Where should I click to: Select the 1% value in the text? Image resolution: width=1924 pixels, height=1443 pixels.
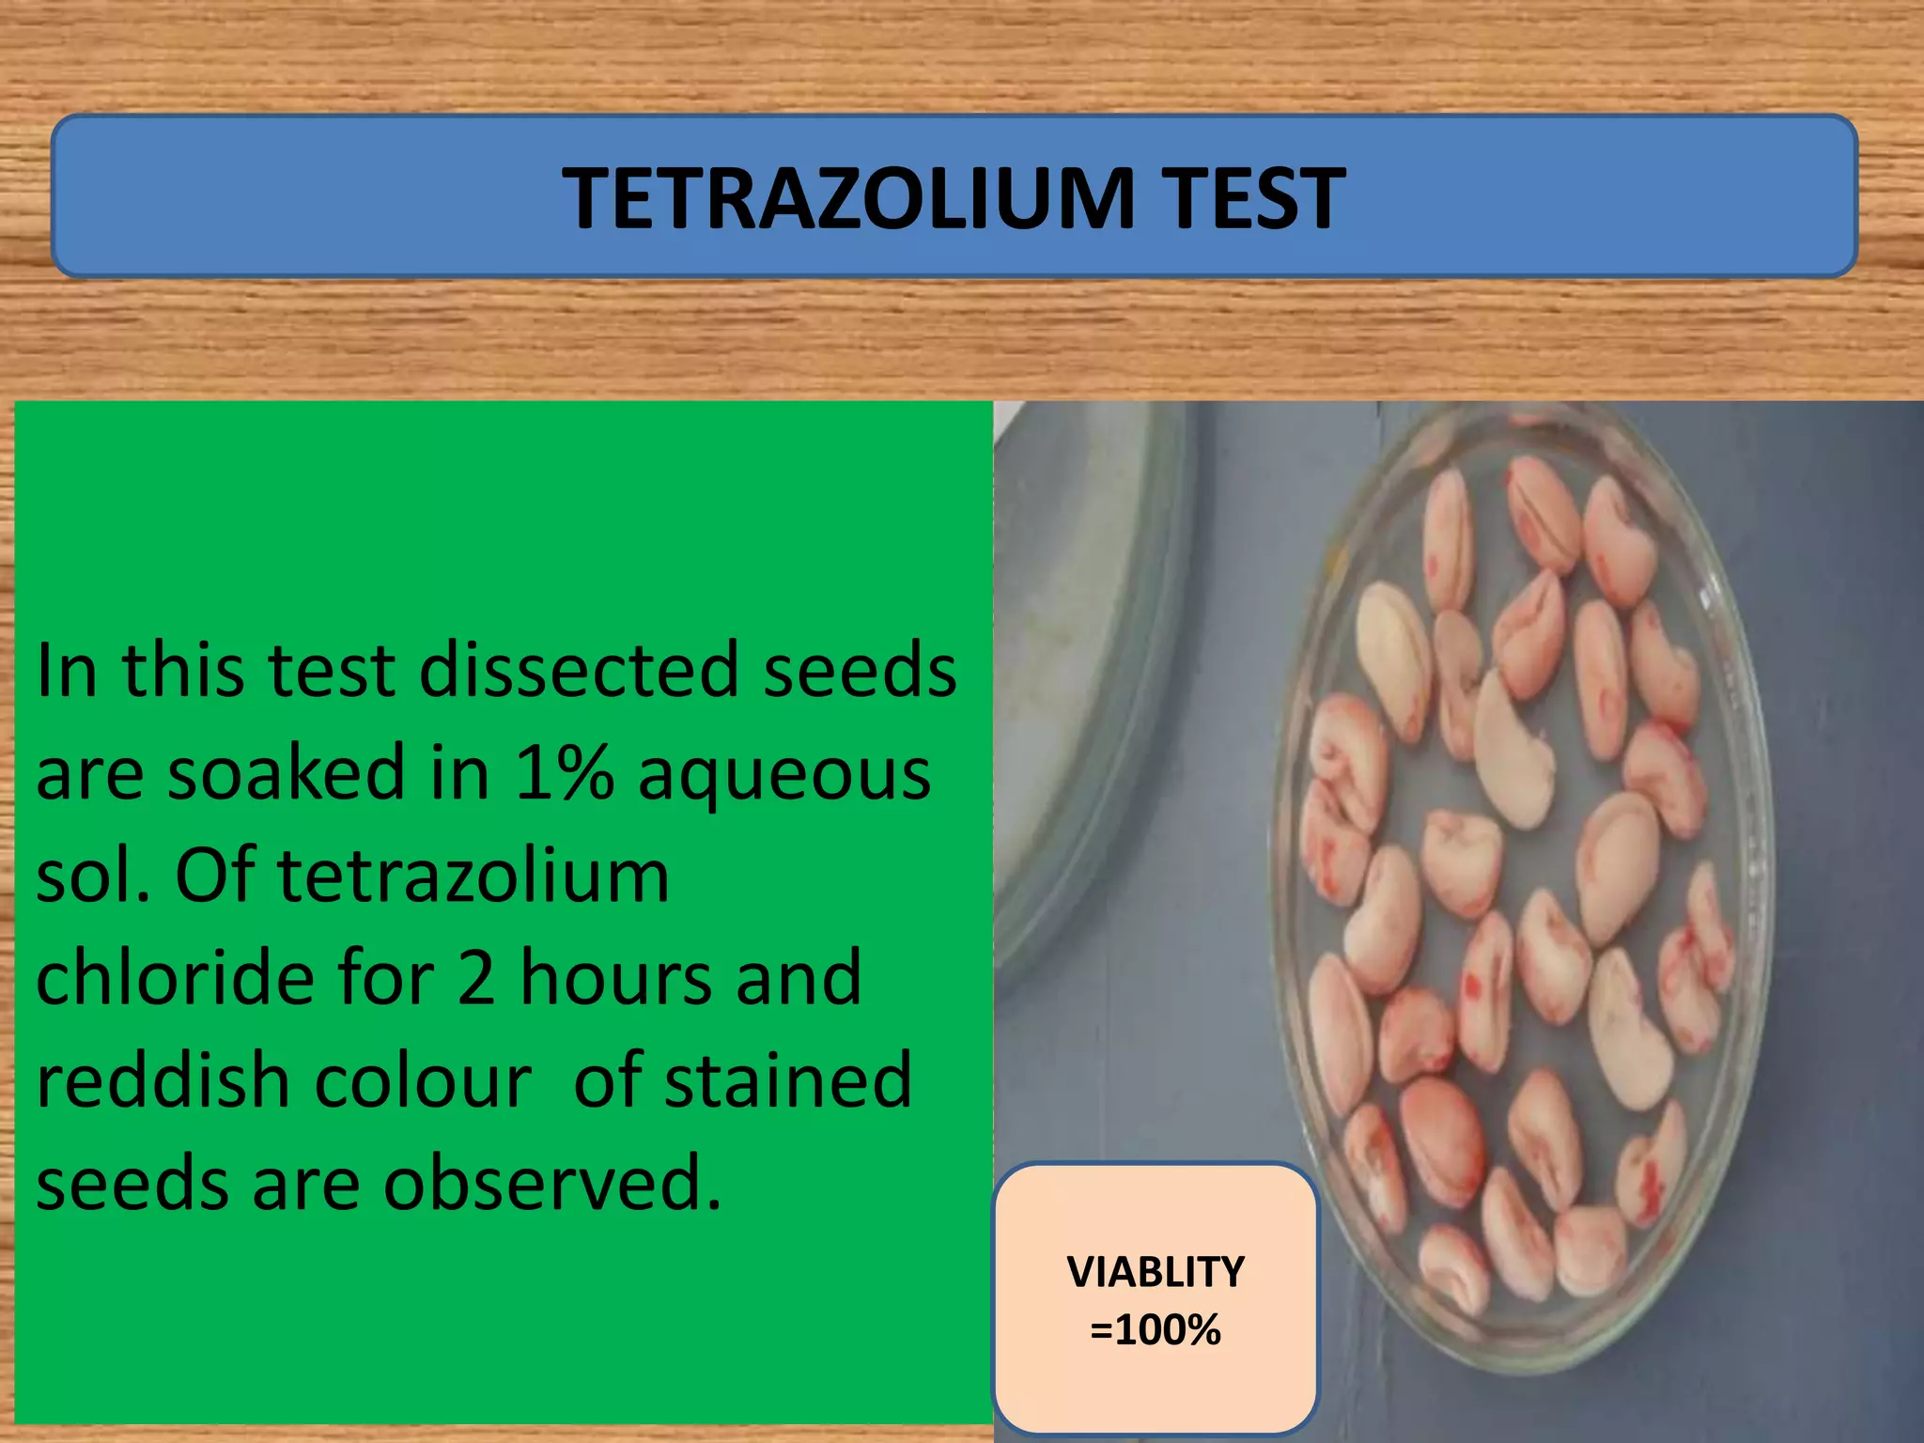tap(564, 773)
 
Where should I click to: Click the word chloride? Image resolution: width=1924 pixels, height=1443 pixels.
tap(175, 977)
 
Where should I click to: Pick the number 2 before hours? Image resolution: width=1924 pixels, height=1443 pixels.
tap(476, 978)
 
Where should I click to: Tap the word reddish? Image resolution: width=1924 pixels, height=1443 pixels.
tap(163, 1080)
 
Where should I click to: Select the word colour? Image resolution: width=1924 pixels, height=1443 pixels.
tap(423, 1082)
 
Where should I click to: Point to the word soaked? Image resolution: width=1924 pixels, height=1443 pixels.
tap(286, 772)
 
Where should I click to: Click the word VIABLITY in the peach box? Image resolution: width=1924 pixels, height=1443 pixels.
tap(1156, 1272)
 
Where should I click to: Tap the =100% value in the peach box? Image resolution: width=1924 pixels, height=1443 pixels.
tap(1156, 1330)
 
